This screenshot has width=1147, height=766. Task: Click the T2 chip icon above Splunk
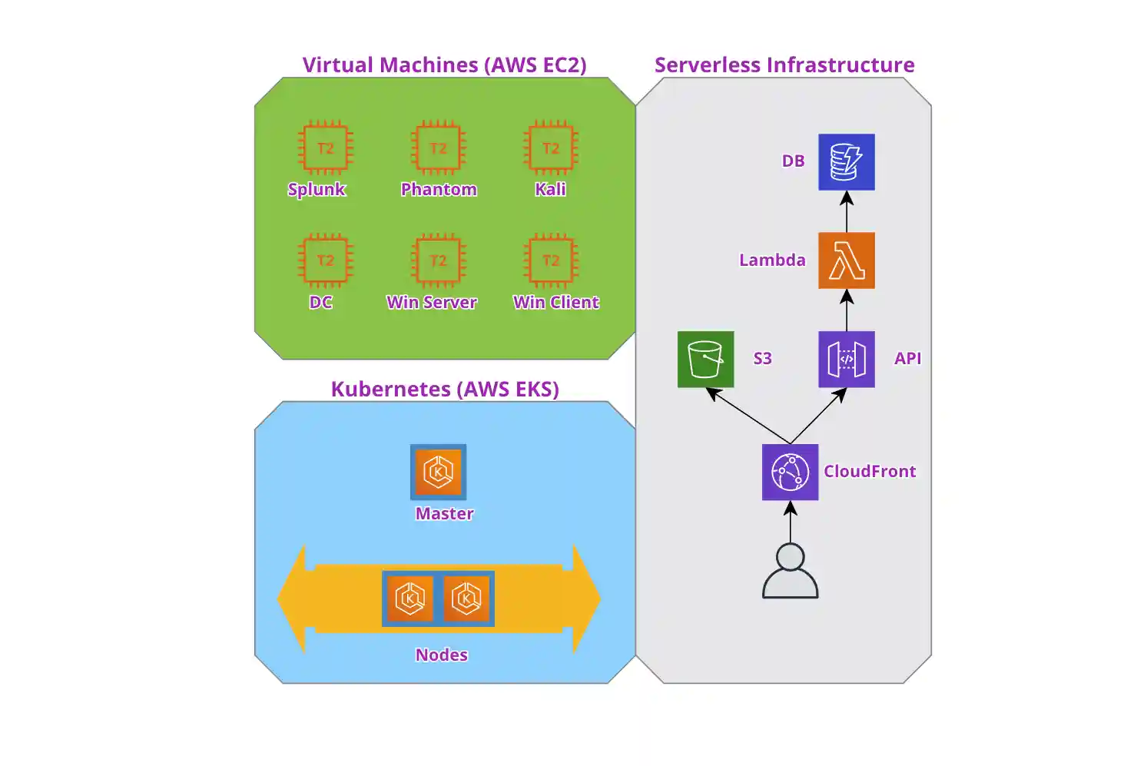pos(325,148)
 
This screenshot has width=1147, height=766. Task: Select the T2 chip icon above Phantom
pos(438,148)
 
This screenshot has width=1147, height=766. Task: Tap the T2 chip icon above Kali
pos(551,148)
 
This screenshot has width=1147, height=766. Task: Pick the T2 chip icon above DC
pos(325,260)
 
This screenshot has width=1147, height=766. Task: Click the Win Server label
pos(432,302)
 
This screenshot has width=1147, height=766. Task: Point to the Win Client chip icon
pos(551,260)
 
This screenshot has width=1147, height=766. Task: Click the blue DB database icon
pos(846,162)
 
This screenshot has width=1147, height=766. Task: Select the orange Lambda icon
pos(846,260)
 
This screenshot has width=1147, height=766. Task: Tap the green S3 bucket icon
pos(705,359)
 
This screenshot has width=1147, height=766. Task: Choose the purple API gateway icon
pos(846,359)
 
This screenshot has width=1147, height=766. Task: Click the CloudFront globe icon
pos(790,472)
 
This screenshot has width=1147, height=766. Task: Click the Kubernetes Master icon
pos(438,472)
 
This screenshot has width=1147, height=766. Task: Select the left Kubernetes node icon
pos(409,599)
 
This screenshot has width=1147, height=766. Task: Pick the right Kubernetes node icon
pos(466,599)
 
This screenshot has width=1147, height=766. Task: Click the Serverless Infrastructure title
pos(784,65)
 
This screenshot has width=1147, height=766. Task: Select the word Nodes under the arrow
pos(442,655)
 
